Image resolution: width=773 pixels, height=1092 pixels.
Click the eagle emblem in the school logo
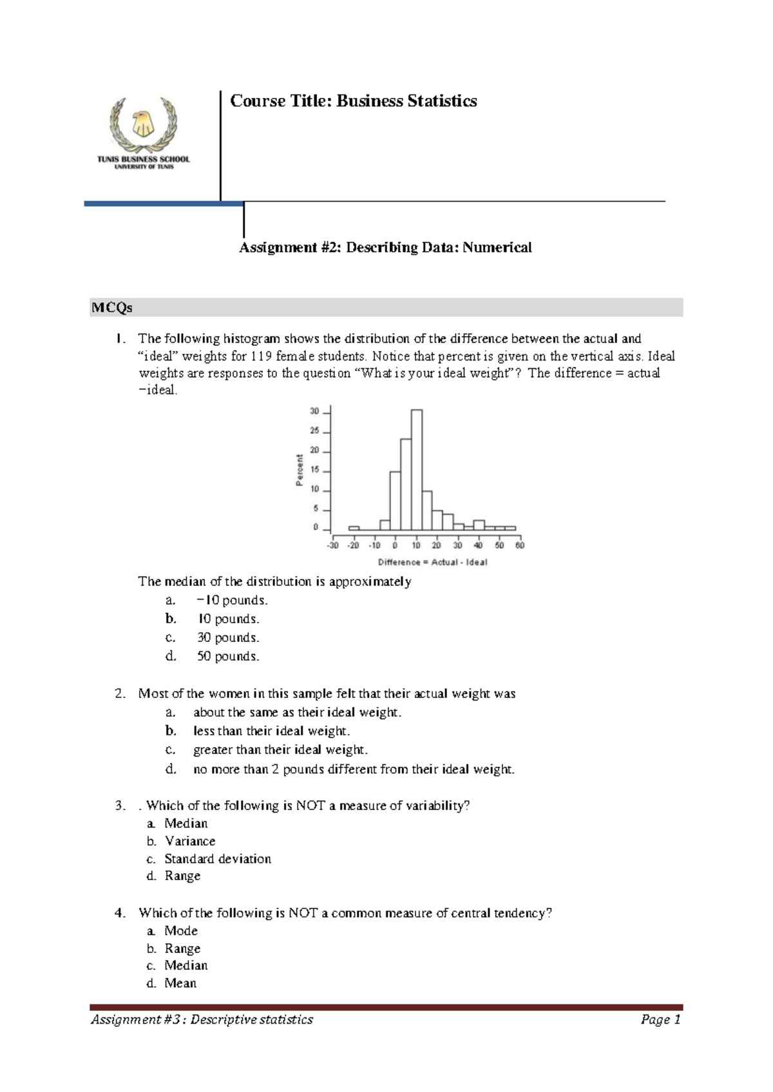[x=142, y=123]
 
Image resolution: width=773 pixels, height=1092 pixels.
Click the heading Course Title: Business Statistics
[x=354, y=101]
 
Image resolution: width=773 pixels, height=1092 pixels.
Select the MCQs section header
[x=112, y=308]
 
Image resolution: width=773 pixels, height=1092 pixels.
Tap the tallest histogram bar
[x=416, y=470]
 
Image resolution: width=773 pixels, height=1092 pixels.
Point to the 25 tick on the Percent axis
[x=315, y=431]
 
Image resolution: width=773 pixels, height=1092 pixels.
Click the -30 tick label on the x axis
[x=332, y=545]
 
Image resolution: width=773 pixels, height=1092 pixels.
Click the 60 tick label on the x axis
[x=519, y=545]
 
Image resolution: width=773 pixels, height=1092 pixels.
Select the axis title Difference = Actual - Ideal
[x=432, y=562]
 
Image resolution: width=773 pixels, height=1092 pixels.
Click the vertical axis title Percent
[x=300, y=470]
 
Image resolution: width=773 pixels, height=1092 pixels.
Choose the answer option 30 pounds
[x=228, y=637]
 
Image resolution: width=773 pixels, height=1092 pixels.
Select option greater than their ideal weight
[x=280, y=749]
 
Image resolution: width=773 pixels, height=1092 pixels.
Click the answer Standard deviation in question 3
[x=218, y=858]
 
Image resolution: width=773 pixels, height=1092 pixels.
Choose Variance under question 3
[x=190, y=841]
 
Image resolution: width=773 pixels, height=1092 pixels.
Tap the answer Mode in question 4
[x=181, y=930]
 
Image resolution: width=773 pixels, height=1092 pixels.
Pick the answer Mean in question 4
[x=180, y=983]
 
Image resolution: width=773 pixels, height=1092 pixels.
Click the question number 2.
[x=120, y=693]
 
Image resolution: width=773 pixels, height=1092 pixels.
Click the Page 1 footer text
[x=660, y=1019]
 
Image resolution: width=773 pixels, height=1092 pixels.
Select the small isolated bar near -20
[x=354, y=528]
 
